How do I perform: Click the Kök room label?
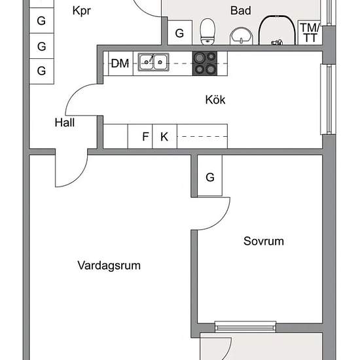(x=215, y=100)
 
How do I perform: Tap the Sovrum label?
(x=264, y=241)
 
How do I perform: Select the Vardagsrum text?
(x=109, y=266)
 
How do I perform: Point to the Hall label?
(x=65, y=122)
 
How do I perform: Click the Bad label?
(x=241, y=10)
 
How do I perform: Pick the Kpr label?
(x=82, y=11)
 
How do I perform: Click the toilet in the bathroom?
(x=207, y=31)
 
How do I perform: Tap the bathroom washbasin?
(x=242, y=36)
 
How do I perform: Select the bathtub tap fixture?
(x=277, y=43)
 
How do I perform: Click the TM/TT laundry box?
(x=310, y=32)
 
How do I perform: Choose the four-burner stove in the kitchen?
(x=205, y=63)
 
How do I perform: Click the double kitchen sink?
(x=153, y=62)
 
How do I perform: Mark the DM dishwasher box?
(x=121, y=63)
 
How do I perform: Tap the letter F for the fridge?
(x=145, y=137)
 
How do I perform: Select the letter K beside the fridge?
(x=164, y=137)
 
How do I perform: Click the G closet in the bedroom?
(x=210, y=176)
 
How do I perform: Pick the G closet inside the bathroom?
(x=180, y=32)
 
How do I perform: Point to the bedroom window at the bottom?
(x=245, y=327)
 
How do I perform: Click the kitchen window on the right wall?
(x=329, y=99)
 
